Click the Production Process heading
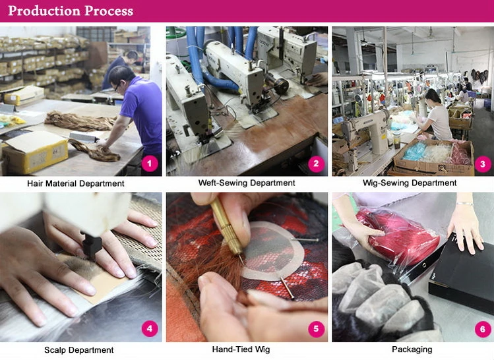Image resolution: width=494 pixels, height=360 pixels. coord(71,11)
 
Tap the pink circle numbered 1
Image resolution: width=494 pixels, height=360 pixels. coord(150,164)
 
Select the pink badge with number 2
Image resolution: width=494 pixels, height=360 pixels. coord(316,164)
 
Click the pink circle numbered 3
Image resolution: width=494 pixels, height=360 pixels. coord(482,164)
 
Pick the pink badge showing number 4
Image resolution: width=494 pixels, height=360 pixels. coord(150,329)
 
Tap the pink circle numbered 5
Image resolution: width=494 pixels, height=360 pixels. coord(316,329)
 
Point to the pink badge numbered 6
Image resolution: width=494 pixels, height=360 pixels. coord(482,329)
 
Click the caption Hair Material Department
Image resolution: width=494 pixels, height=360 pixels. coord(76,183)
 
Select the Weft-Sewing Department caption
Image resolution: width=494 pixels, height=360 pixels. coord(247,183)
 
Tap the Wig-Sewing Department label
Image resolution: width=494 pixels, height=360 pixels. coord(410,183)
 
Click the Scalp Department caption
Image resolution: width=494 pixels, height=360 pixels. coord(78,350)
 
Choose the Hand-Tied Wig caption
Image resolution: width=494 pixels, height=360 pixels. coord(241,349)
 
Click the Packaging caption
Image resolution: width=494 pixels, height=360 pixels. coord(412,349)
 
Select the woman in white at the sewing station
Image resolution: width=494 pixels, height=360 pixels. coord(435,115)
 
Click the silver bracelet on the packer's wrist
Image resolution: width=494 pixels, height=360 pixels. coord(465,204)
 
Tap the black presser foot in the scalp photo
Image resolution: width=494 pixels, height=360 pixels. coord(92,246)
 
